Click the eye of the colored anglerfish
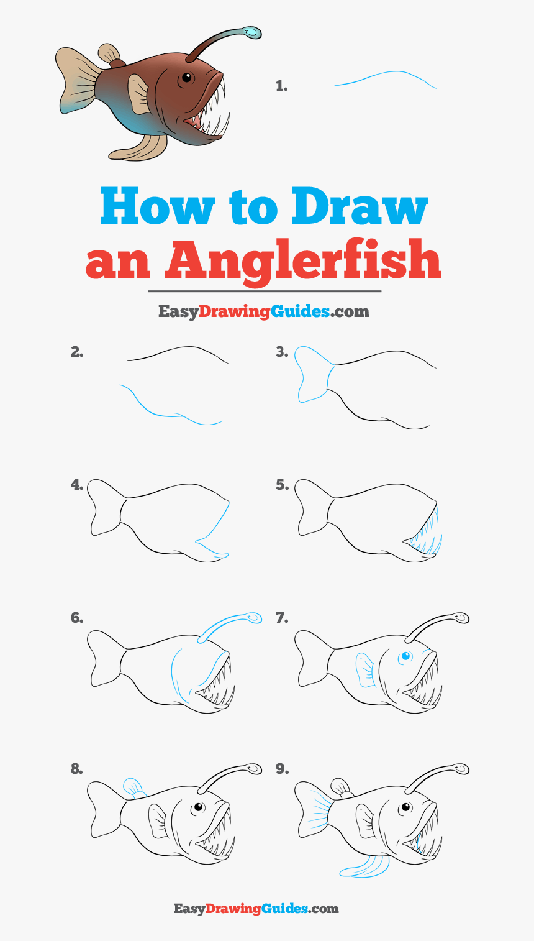186,78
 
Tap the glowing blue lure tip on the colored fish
252,32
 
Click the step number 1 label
282,86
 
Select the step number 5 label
282,485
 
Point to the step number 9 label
282,769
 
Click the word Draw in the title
360,206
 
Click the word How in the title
158,206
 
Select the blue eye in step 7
405,656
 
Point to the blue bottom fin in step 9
364,867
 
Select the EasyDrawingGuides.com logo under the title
264,312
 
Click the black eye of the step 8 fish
197,807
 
